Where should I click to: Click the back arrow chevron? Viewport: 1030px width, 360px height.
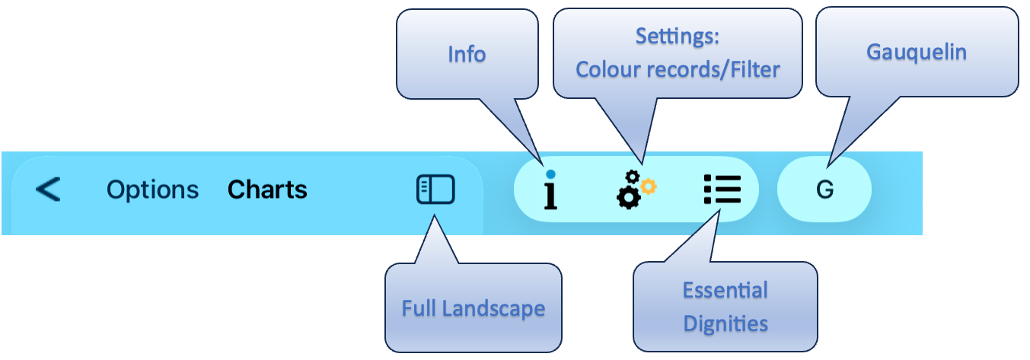pos(48,189)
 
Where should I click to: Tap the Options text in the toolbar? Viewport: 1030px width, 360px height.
pos(152,190)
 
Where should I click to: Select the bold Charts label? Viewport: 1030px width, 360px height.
pos(267,190)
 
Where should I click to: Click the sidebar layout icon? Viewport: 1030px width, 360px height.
pos(435,190)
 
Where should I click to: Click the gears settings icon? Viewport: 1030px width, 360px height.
pos(633,190)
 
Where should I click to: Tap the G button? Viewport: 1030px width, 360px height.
pos(824,190)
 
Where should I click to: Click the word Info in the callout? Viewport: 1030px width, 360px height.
pos(467,54)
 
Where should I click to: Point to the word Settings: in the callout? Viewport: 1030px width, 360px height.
pos(678,36)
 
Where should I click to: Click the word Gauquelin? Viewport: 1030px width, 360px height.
pos(917,53)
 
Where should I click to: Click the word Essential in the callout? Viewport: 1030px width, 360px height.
pos(725,290)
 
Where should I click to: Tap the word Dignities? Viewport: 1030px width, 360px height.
pos(725,323)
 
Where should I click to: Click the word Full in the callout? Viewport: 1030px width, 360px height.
pos(419,308)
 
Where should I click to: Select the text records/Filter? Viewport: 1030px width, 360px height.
pos(711,70)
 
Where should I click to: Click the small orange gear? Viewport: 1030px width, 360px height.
pos(648,184)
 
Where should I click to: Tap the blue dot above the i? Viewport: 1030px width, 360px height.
pos(550,174)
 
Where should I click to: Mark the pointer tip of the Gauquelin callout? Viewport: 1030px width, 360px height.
pos(829,163)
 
